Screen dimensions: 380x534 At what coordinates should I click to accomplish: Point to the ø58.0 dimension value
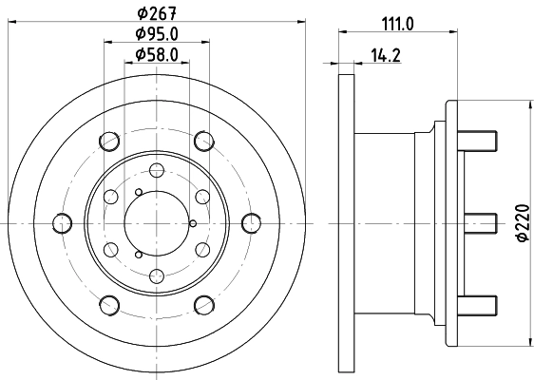click(156, 55)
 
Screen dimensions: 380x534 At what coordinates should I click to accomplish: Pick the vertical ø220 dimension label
click(522, 223)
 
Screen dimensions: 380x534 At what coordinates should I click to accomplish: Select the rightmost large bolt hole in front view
click(251, 223)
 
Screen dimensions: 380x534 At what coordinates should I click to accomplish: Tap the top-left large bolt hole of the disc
click(109, 142)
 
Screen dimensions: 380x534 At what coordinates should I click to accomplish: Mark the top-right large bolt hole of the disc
click(203, 142)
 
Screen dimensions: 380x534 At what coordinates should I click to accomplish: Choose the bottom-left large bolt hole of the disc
click(109, 305)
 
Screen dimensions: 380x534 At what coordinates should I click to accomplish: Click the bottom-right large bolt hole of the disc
click(203, 305)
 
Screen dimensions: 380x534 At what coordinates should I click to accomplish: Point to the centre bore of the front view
click(157, 223)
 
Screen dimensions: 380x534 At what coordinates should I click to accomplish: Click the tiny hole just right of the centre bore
click(192, 223)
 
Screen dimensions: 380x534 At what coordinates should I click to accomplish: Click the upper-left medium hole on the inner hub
click(111, 197)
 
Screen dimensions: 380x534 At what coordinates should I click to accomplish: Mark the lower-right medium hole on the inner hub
click(202, 250)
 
